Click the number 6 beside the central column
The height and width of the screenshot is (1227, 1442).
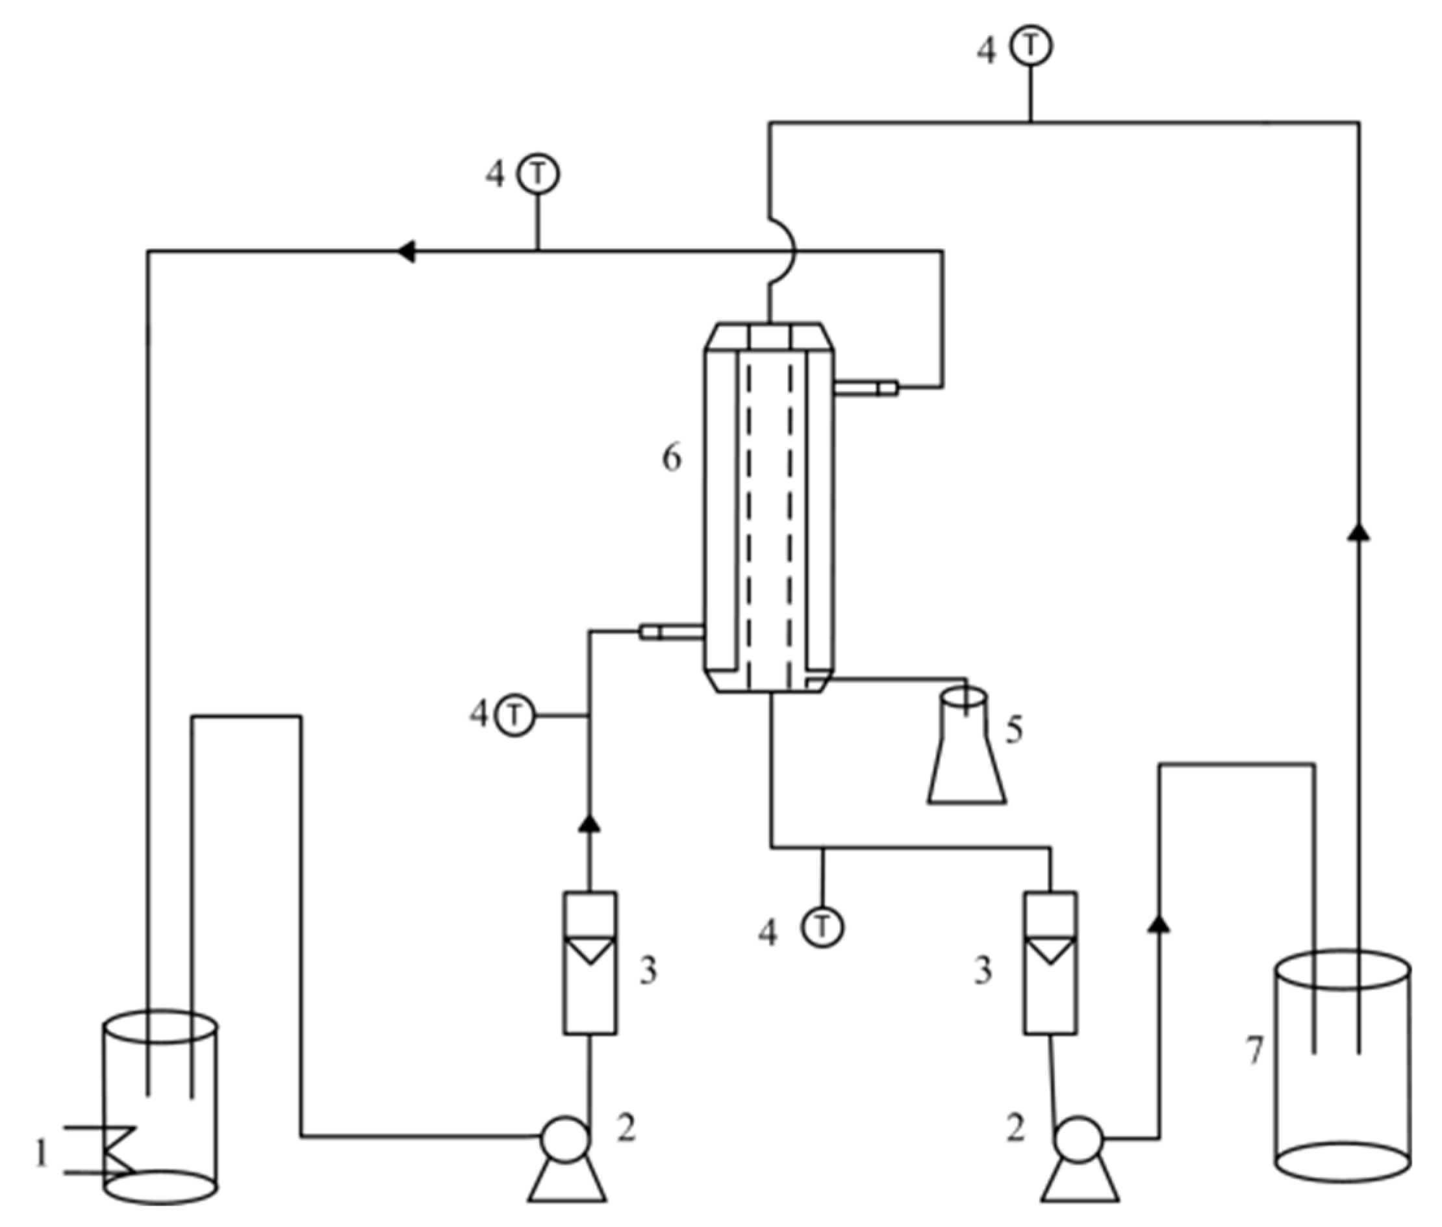click(671, 459)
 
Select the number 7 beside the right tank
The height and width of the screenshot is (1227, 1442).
click(1254, 1050)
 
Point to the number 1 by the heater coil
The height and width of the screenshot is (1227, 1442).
click(42, 1156)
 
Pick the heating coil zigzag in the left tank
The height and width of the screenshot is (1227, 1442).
click(120, 1152)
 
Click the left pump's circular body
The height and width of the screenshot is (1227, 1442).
click(566, 1139)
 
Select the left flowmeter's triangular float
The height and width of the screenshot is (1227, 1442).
click(589, 950)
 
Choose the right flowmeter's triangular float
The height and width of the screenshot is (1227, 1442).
click(1050, 950)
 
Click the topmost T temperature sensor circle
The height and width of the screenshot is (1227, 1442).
click(1031, 46)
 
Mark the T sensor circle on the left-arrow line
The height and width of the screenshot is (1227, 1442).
click(538, 174)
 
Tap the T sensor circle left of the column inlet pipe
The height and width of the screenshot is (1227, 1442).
click(514, 715)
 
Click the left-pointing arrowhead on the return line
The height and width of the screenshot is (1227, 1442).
click(406, 251)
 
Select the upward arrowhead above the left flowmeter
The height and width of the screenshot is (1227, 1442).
click(589, 824)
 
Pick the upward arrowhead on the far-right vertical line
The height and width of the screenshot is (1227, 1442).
click(1358, 533)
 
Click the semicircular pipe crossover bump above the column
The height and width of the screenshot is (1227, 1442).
click(785, 251)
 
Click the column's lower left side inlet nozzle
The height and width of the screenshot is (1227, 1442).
click(671, 631)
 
